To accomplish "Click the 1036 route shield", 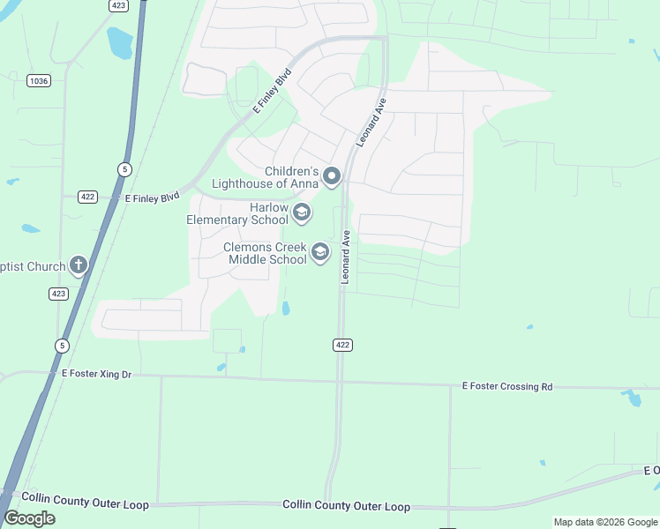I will tap(39, 80).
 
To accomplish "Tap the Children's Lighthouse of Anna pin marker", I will tap(332, 176).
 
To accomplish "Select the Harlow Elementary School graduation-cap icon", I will tap(302, 212).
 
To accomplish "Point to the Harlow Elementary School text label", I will tap(237, 213).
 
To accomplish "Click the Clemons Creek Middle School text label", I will tap(265, 254).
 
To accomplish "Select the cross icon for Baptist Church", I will tap(79, 264).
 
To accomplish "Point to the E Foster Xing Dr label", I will tap(96, 375).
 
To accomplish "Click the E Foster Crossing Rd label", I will tap(507, 386).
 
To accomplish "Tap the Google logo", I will tap(30, 518).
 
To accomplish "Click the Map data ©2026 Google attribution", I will tap(605, 522).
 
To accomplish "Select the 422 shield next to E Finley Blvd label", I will tap(86, 197).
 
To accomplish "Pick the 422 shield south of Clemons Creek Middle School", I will tap(343, 344).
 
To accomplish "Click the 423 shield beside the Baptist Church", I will tap(58, 294).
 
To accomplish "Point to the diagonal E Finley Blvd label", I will tap(271, 91).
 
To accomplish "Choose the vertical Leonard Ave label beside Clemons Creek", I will tap(347, 257).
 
